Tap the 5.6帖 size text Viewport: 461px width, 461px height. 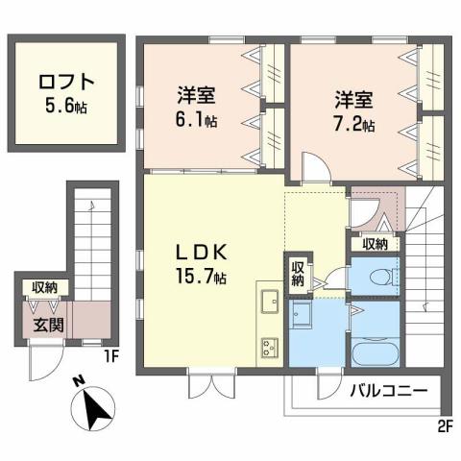click(x=66, y=105)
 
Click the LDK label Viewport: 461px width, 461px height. click(x=201, y=253)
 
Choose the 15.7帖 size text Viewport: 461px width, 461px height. click(x=201, y=278)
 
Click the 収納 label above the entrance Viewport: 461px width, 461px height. click(x=43, y=287)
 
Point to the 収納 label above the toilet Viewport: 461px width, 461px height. click(x=376, y=244)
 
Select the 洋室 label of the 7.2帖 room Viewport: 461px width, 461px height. click(x=353, y=98)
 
